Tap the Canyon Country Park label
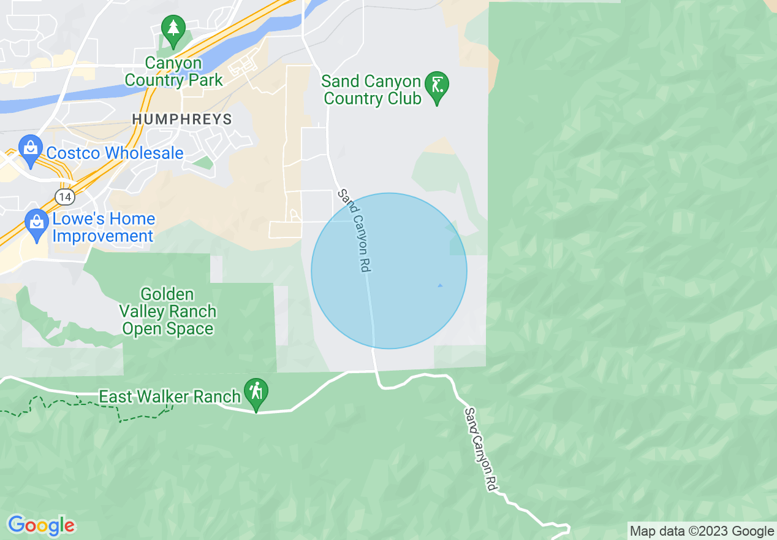(x=173, y=72)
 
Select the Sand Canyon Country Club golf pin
(x=437, y=87)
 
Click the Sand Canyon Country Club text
(x=372, y=90)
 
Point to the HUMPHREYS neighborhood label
(x=182, y=119)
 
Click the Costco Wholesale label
(x=115, y=153)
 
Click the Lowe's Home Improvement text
(x=103, y=227)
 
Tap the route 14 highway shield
(x=64, y=196)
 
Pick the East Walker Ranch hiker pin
(x=256, y=393)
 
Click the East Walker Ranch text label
(x=170, y=396)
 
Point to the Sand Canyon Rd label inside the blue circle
(x=355, y=230)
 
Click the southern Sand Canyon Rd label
(x=480, y=449)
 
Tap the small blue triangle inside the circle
(x=439, y=285)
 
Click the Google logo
(x=41, y=525)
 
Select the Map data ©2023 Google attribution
(x=702, y=531)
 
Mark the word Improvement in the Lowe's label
(x=103, y=236)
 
